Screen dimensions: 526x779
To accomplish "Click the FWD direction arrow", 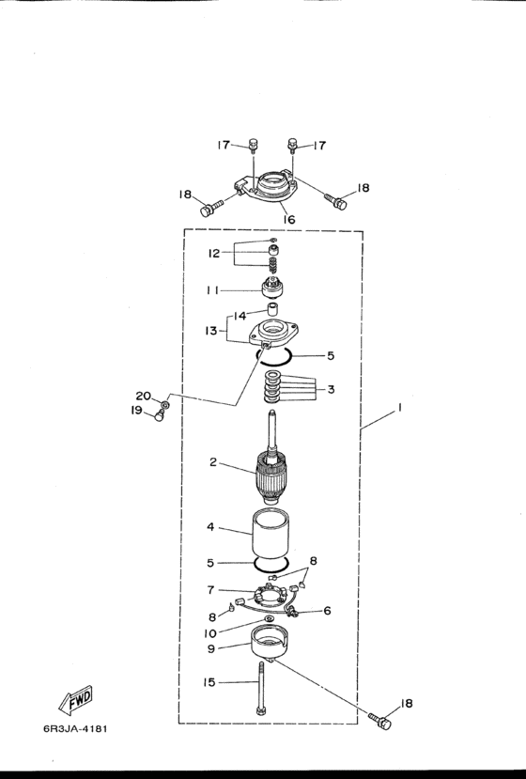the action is click(75, 699).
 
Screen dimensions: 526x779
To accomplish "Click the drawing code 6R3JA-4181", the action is click(75, 729).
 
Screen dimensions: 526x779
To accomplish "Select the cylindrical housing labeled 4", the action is click(271, 534).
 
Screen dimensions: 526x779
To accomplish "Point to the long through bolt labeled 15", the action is click(260, 688).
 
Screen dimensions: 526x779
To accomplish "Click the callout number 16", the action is click(289, 219).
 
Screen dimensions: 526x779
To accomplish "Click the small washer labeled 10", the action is click(270, 618).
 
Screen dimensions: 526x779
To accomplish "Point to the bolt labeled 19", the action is click(159, 414).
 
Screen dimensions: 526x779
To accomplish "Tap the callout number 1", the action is click(399, 409).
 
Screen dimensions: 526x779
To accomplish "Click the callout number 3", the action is click(331, 389).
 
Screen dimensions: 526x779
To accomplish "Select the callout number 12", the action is click(213, 254).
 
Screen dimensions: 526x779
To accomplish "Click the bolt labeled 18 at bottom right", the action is click(380, 721).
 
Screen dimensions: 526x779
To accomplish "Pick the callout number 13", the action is click(211, 331).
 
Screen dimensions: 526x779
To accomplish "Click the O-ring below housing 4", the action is click(271, 564).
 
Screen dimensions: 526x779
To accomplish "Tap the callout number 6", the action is click(327, 611).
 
